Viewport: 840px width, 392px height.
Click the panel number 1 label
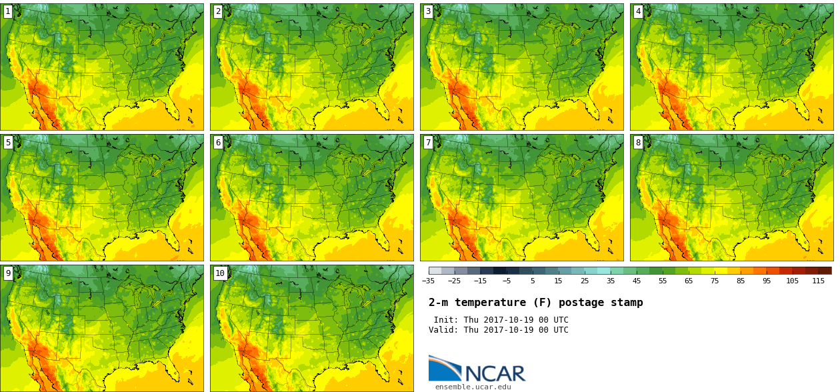(x=8, y=11)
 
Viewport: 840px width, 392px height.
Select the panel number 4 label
(x=638, y=11)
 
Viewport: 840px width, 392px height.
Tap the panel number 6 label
(x=218, y=143)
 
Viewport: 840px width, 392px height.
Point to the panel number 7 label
(x=428, y=143)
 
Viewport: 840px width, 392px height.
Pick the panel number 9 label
(x=8, y=273)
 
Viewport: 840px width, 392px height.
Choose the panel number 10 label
(x=220, y=273)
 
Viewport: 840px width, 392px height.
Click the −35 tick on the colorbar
(x=428, y=281)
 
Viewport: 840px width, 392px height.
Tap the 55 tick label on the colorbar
(x=663, y=281)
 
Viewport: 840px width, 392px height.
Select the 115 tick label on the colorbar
(x=818, y=281)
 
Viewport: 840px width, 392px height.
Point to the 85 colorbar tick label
(x=741, y=281)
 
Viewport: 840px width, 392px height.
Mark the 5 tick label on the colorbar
(x=533, y=281)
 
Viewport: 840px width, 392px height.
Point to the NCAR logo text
(x=495, y=373)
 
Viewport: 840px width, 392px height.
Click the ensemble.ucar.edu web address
(x=473, y=387)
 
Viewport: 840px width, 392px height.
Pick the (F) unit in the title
(x=542, y=303)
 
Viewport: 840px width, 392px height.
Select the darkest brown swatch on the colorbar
(x=825, y=271)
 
